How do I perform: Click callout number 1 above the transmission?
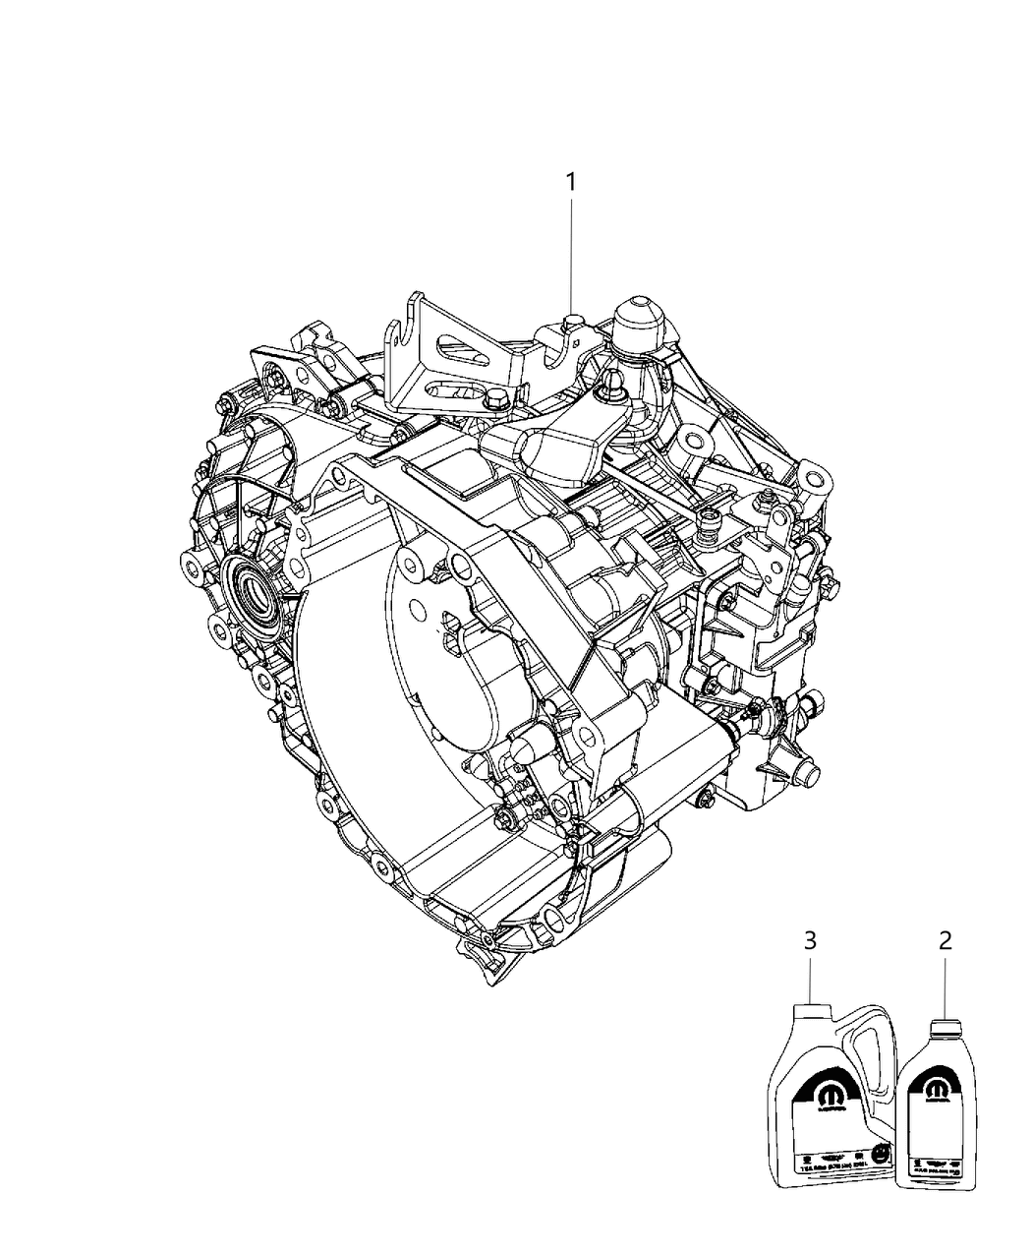(570, 182)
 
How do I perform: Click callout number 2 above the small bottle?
(945, 940)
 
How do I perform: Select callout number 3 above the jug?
(809, 940)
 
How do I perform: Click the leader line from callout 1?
(570, 256)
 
